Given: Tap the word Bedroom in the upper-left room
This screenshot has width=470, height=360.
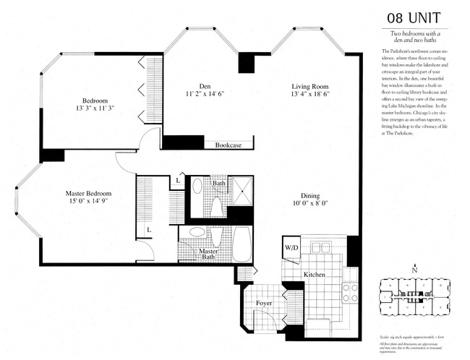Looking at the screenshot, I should click(x=95, y=100).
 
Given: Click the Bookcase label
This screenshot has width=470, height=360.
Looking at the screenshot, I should click(x=228, y=145).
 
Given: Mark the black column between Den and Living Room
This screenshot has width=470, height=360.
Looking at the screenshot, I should click(x=247, y=62).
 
